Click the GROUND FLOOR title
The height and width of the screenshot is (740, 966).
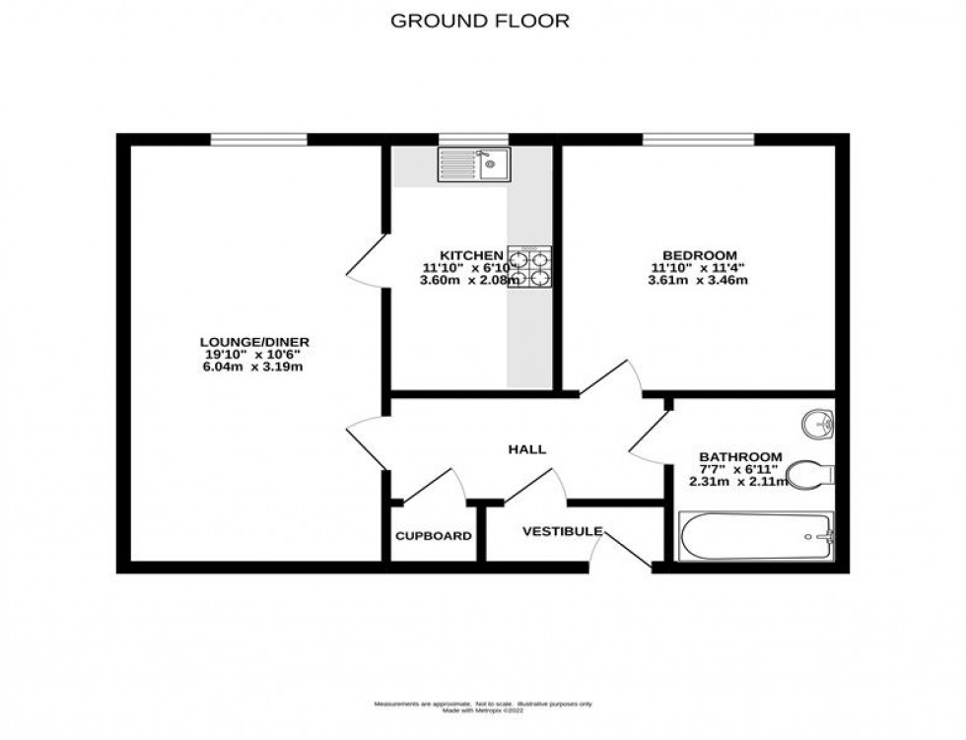click(481, 21)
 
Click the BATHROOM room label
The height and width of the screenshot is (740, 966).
click(740, 456)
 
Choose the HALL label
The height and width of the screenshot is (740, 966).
click(526, 449)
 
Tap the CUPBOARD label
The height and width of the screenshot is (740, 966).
click(433, 536)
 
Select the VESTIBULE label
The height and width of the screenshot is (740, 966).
click(562, 531)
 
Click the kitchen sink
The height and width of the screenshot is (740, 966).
click(474, 165)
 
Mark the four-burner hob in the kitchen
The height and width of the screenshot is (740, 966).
click(529, 266)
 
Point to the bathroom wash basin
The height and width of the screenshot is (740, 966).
click(818, 425)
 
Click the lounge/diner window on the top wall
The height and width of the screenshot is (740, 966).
click(258, 139)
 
